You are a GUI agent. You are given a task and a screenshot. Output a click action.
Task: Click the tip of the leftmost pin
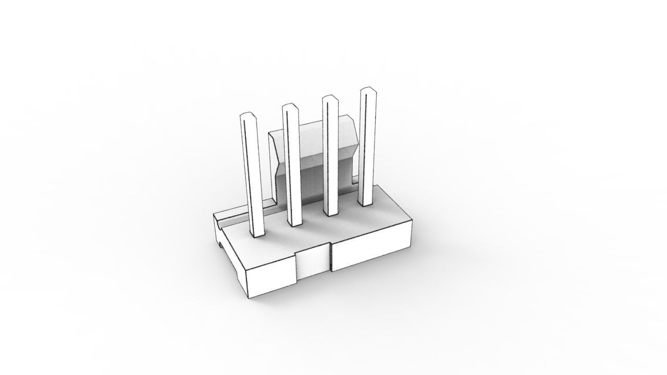247,116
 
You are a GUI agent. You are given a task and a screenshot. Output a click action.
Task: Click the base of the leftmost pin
257,234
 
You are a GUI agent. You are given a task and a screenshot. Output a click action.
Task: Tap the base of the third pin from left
330,212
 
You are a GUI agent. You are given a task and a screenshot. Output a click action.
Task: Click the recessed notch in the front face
314,263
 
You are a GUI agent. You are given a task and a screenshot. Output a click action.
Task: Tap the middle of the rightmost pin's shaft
367,146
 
